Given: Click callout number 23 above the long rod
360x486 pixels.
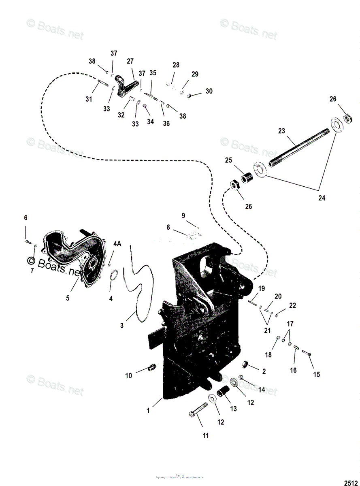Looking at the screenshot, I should pos(282,131).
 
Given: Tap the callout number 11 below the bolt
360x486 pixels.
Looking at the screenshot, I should pos(206,436).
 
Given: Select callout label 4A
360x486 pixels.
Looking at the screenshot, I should pos(117,244).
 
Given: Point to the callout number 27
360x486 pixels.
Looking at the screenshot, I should pos(130,61).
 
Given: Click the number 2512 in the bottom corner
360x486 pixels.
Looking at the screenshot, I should pos(351,482).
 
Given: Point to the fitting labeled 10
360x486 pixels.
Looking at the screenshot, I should pos(152,369).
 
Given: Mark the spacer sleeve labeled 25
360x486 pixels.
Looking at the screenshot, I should pos(247,177).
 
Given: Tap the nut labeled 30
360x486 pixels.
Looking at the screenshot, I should pos(190,95).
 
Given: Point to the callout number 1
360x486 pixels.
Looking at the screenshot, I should pos(148,410).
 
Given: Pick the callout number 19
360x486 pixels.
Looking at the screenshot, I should pos(262,289).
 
